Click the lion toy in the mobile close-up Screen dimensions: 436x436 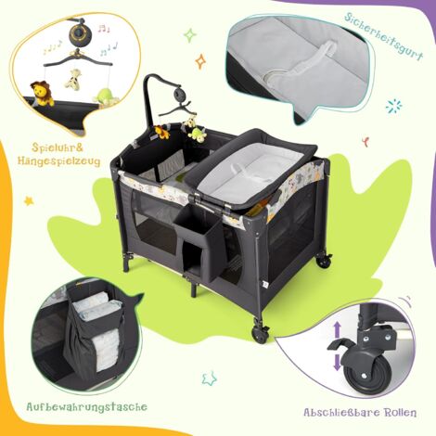coord(41,93)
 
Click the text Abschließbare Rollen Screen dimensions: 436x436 coord(358,412)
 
